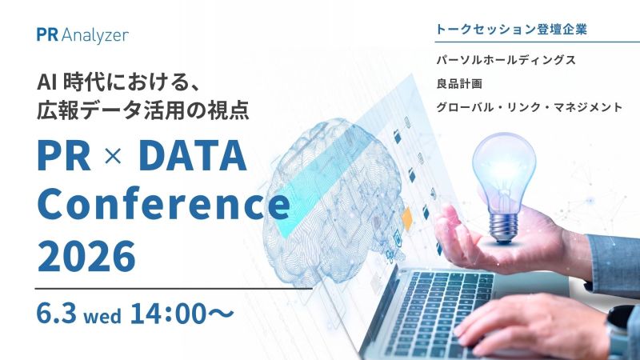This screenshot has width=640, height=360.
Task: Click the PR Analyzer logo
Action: click(x=82, y=35)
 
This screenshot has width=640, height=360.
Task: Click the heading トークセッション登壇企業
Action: click(x=511, y=30)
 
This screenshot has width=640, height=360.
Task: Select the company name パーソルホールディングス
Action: click(x=506, y=61)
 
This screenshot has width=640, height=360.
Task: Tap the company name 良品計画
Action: click(x=459, y=84)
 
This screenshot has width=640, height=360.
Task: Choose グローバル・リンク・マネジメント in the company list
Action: click(x=530, y=107)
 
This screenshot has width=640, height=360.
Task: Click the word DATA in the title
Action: click(x=193, y=155)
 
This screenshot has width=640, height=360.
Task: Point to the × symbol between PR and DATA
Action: click(x=113, y=156)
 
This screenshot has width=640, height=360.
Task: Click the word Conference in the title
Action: click(x=164, y=203)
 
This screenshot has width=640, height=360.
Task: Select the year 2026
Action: click(x=86, y=256)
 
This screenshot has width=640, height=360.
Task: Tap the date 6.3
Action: click(x=56, y=313)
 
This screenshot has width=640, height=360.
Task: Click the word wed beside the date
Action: click(x=102, y=316)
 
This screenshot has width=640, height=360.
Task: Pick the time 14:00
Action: click(x=168, y=313)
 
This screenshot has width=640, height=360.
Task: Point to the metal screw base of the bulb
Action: click(x=504, y=228)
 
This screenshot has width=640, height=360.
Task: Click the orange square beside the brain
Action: click(x=407, y=218)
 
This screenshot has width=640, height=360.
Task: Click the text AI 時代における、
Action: click(x=118, y=82)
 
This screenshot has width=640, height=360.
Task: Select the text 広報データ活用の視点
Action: click(x=143, y=110)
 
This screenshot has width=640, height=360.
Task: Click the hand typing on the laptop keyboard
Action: click(x=530, y=325)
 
